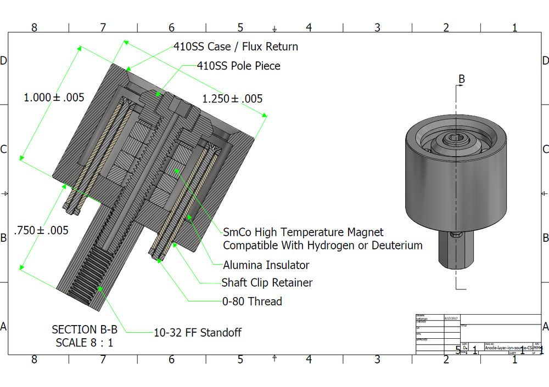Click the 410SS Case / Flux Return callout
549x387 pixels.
pyautogui.click(x=236, y=47)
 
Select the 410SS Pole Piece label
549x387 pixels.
pyautogui.click(x=238, y=66)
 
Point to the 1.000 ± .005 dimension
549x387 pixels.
pyautogui.click(x=54, y=98)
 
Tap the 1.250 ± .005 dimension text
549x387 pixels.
pyautogui.click(x=232, y=99)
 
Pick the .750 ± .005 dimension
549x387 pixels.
pyautogui.click(x=42, y=230)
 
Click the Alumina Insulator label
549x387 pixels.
pyautogui.click(x=266, y=265)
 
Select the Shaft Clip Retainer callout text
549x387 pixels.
pyautogui.click(x=267, y=283)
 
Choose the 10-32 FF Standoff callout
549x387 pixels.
pyautogui.click(x=198, y=332)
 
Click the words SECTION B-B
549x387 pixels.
pyautogui.click(x=82, y=329)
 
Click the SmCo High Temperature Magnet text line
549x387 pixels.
pyautogui.click(x=303, y=232)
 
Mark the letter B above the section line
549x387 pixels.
pyautogui.click(x=462, y=79)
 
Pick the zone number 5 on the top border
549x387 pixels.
pyautogui.click(x=240, y=27)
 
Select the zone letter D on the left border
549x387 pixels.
pyautogui.click(x=4, y=60)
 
